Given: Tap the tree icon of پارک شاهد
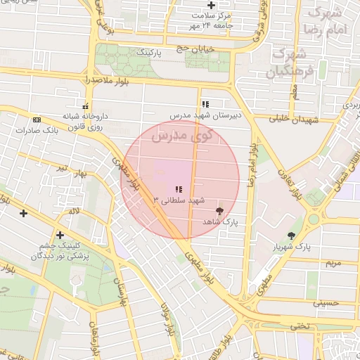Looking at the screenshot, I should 219,210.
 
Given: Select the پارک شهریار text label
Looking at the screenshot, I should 290,247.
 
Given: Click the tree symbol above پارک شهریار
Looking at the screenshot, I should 291,236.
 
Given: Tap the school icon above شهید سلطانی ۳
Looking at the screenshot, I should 179,189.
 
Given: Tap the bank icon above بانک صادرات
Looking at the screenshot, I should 37,119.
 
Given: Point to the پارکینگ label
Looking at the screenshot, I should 148,53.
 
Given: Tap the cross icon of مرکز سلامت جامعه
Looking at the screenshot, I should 211,5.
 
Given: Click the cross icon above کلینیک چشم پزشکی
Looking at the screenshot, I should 60,235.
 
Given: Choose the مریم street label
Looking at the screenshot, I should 332,262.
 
